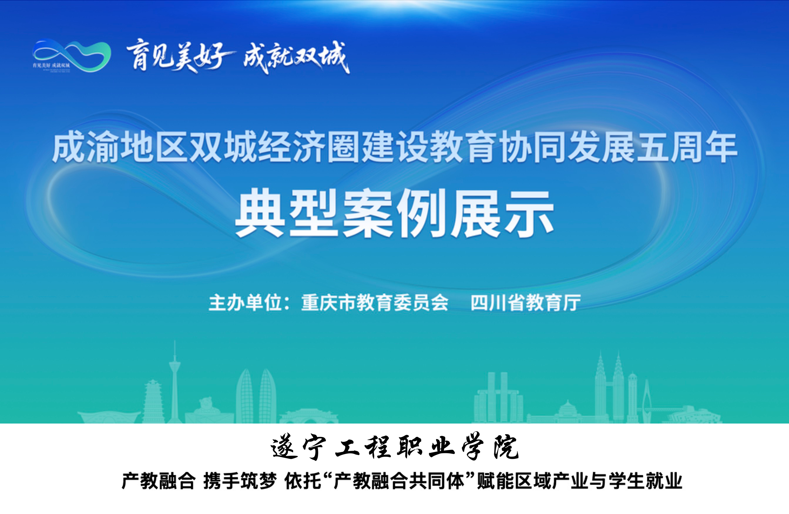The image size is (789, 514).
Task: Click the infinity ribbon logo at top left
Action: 72,55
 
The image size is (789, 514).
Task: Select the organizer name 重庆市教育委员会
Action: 375,303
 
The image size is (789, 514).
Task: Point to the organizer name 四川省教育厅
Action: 526,303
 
